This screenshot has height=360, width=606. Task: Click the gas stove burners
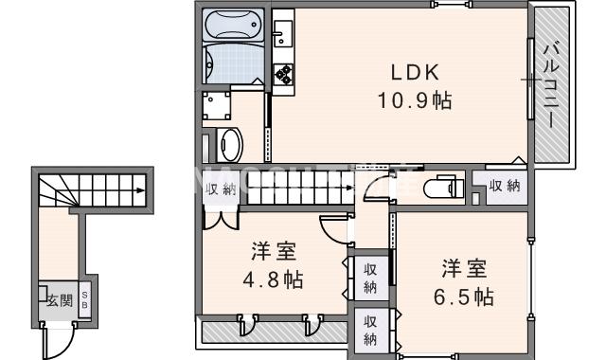click(283, 72)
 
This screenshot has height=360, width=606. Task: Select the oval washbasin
click(229, 144)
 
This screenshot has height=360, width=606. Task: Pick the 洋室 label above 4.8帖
click(273, 252)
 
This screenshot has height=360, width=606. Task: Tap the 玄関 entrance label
click(59, 301)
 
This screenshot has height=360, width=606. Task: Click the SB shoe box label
click(84, 300)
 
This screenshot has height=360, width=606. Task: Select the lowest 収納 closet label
click(370, 329)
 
